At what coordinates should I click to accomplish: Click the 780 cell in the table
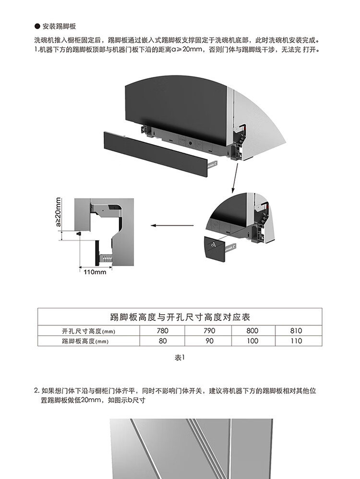click(162, 331)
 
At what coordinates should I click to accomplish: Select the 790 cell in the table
click(209, 331)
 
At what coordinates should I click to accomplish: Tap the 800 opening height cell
click(252, 331)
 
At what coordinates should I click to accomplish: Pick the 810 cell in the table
click(296, 331)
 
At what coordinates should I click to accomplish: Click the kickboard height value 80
click(163, 341)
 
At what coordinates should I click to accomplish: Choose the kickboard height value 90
click(209, 341)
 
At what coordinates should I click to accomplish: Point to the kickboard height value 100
click(252, 341)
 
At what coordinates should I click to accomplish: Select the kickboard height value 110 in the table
click(296, 341)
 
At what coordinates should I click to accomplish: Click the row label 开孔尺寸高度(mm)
click(88, 331)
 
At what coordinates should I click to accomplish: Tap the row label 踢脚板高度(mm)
click(85, 341)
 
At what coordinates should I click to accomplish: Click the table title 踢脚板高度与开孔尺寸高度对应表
click(180, 317)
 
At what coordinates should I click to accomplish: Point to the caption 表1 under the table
click(180, 357)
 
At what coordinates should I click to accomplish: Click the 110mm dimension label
click(95, 272)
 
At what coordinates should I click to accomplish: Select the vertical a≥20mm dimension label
click(58, 212)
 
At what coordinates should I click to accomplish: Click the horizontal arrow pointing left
click(172, 226)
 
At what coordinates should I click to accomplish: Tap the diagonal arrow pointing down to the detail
click(235, 178)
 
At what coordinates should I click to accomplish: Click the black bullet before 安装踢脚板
click(37, 26)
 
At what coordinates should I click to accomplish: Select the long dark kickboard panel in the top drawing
click(156, 154)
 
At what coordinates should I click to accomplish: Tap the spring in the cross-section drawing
click(106, 258)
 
